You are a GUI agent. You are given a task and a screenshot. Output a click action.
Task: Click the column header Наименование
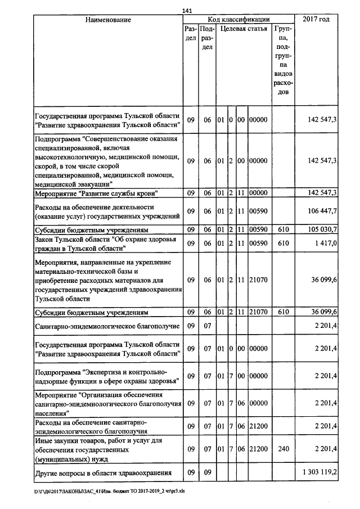pos(108,20)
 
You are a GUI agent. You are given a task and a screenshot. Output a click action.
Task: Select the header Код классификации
pos(239,20)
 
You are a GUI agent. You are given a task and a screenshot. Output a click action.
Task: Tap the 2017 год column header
pos(316,20)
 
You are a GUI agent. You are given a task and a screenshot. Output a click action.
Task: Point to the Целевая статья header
pos(244,28)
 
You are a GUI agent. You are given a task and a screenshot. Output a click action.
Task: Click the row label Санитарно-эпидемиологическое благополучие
pos(107,326)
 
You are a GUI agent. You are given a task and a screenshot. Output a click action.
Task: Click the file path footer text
pos(113,491)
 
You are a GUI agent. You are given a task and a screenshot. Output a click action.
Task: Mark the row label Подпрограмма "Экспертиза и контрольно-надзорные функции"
pos(106,376)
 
